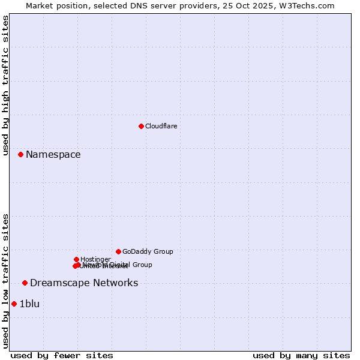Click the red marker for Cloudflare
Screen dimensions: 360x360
[141, 126]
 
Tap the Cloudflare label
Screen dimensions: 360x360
[161, 126]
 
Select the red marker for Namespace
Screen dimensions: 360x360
[20, 154]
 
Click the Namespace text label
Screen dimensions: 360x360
[53, 155]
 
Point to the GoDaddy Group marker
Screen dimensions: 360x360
[118, 251]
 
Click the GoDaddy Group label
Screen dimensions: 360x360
[148, 252]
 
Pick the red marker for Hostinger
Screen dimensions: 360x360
[76, 259]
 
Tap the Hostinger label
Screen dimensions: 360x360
[95, 259]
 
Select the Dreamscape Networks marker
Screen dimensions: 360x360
[25, 283]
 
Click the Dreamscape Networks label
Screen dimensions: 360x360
[84, 283]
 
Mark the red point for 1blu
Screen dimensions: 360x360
[14, 304]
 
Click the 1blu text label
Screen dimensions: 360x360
[29, 304]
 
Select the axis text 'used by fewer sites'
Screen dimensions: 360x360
[62, 355]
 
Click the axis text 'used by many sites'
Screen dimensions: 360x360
[301, 355]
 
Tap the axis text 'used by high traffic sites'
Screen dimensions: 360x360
[6, 85]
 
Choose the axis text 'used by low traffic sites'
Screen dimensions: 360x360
[6, 281]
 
